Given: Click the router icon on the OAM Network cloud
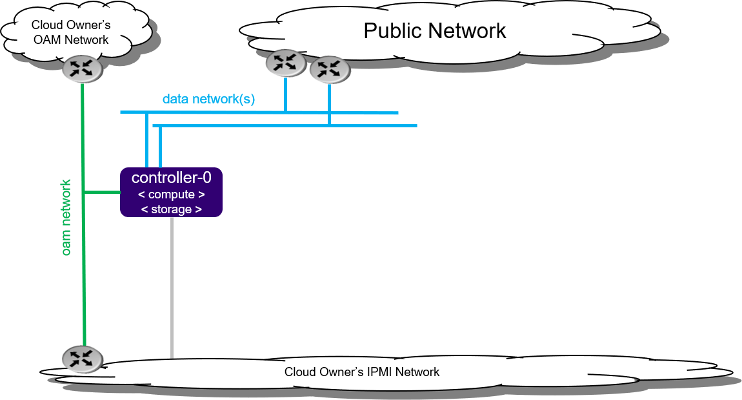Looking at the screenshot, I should pos(82,69).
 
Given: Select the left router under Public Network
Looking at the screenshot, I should pos(286,63).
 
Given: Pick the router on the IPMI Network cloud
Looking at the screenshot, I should pos(83,359).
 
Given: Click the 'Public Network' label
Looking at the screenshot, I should pos(435,30).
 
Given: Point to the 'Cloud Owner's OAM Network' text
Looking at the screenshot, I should pos(72,32).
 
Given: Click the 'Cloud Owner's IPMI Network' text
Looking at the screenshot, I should pos(361,372).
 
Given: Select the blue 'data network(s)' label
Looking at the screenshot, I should pos(208,99).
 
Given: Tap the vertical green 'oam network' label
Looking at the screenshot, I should pos(66,217).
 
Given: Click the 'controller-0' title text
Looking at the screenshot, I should pos(171,178).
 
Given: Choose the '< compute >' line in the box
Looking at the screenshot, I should pos(172,195).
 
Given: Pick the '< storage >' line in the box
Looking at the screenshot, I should pos(171,209).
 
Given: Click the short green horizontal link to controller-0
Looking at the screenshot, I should pos(103,192).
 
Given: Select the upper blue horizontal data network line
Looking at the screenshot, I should pos(258,112).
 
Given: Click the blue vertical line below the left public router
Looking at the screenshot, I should pos(285,94).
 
